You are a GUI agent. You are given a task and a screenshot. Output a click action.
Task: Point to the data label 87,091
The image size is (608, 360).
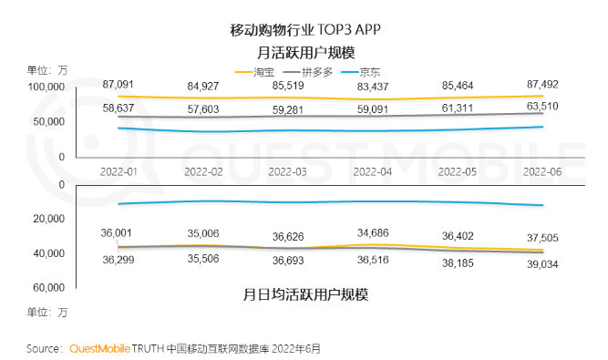coord(119,84)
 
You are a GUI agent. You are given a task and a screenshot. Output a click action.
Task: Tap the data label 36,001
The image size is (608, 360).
coord(120,233)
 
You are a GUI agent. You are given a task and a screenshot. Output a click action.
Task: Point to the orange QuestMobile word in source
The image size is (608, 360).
coord(99,348)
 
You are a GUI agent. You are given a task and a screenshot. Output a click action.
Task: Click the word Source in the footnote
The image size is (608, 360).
coord(44,348)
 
